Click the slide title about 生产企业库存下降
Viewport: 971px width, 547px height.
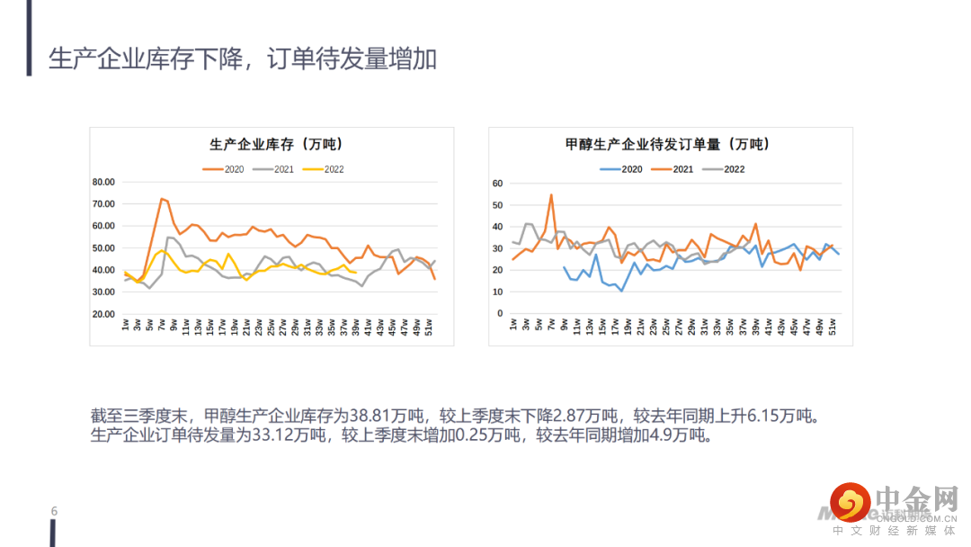[x=243, y=58]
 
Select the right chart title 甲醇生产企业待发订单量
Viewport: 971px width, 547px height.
[x=667, y=144]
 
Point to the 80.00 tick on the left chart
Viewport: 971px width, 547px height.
[x=104, y=182]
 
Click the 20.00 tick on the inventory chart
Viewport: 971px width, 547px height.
[x=104, y=314]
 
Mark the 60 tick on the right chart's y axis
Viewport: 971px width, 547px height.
[x=497, y=184]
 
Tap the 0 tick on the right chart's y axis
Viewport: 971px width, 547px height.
[x=500, y=313]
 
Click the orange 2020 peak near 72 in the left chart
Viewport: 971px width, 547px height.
[x=162, y=199]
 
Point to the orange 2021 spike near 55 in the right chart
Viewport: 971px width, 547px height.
[x=551, y=195]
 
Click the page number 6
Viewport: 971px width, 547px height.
[x=54, y=512]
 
